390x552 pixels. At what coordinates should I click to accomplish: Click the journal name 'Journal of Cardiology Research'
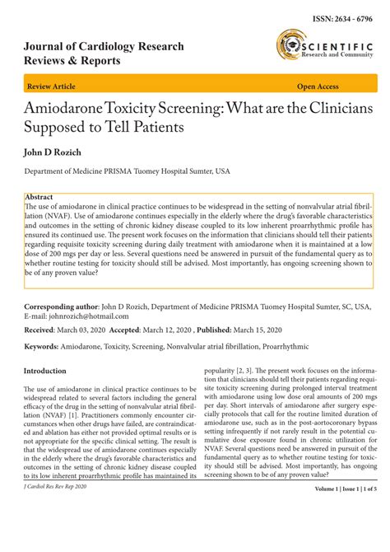click(x=104, y=46)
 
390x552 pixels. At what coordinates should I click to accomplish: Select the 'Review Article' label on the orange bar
click(x=53, y=86)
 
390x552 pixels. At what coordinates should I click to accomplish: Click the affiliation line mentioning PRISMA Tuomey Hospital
click(x=127, y=172)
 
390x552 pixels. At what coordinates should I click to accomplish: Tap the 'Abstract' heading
click(x=39, y=198)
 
